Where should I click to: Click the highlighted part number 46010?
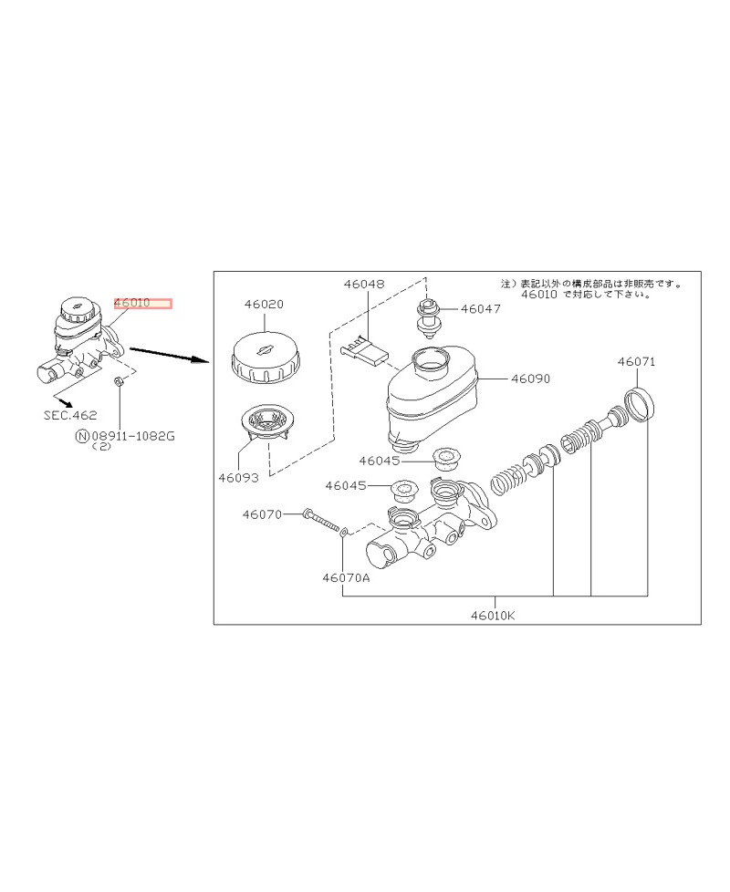tap(132, 303)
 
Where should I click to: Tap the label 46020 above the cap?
tap(264, 305)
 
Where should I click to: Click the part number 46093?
tap(238, 478)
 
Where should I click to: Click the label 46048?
tap(364, 284)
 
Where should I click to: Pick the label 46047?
tap(481, 309)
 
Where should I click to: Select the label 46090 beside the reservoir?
tap(531, 379)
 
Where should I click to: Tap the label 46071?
tap(637, 362)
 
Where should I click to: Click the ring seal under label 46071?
tap(639, 404)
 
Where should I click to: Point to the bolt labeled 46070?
tap(321, 519)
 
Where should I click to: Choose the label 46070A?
tap(346, 578)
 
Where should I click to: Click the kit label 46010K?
tap(493, 615)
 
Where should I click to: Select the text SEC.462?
tap(70, 415)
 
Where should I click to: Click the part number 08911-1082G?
tap(133, 436)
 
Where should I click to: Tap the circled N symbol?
tap(83, 436)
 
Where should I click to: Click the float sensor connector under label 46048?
tap(363, 350)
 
